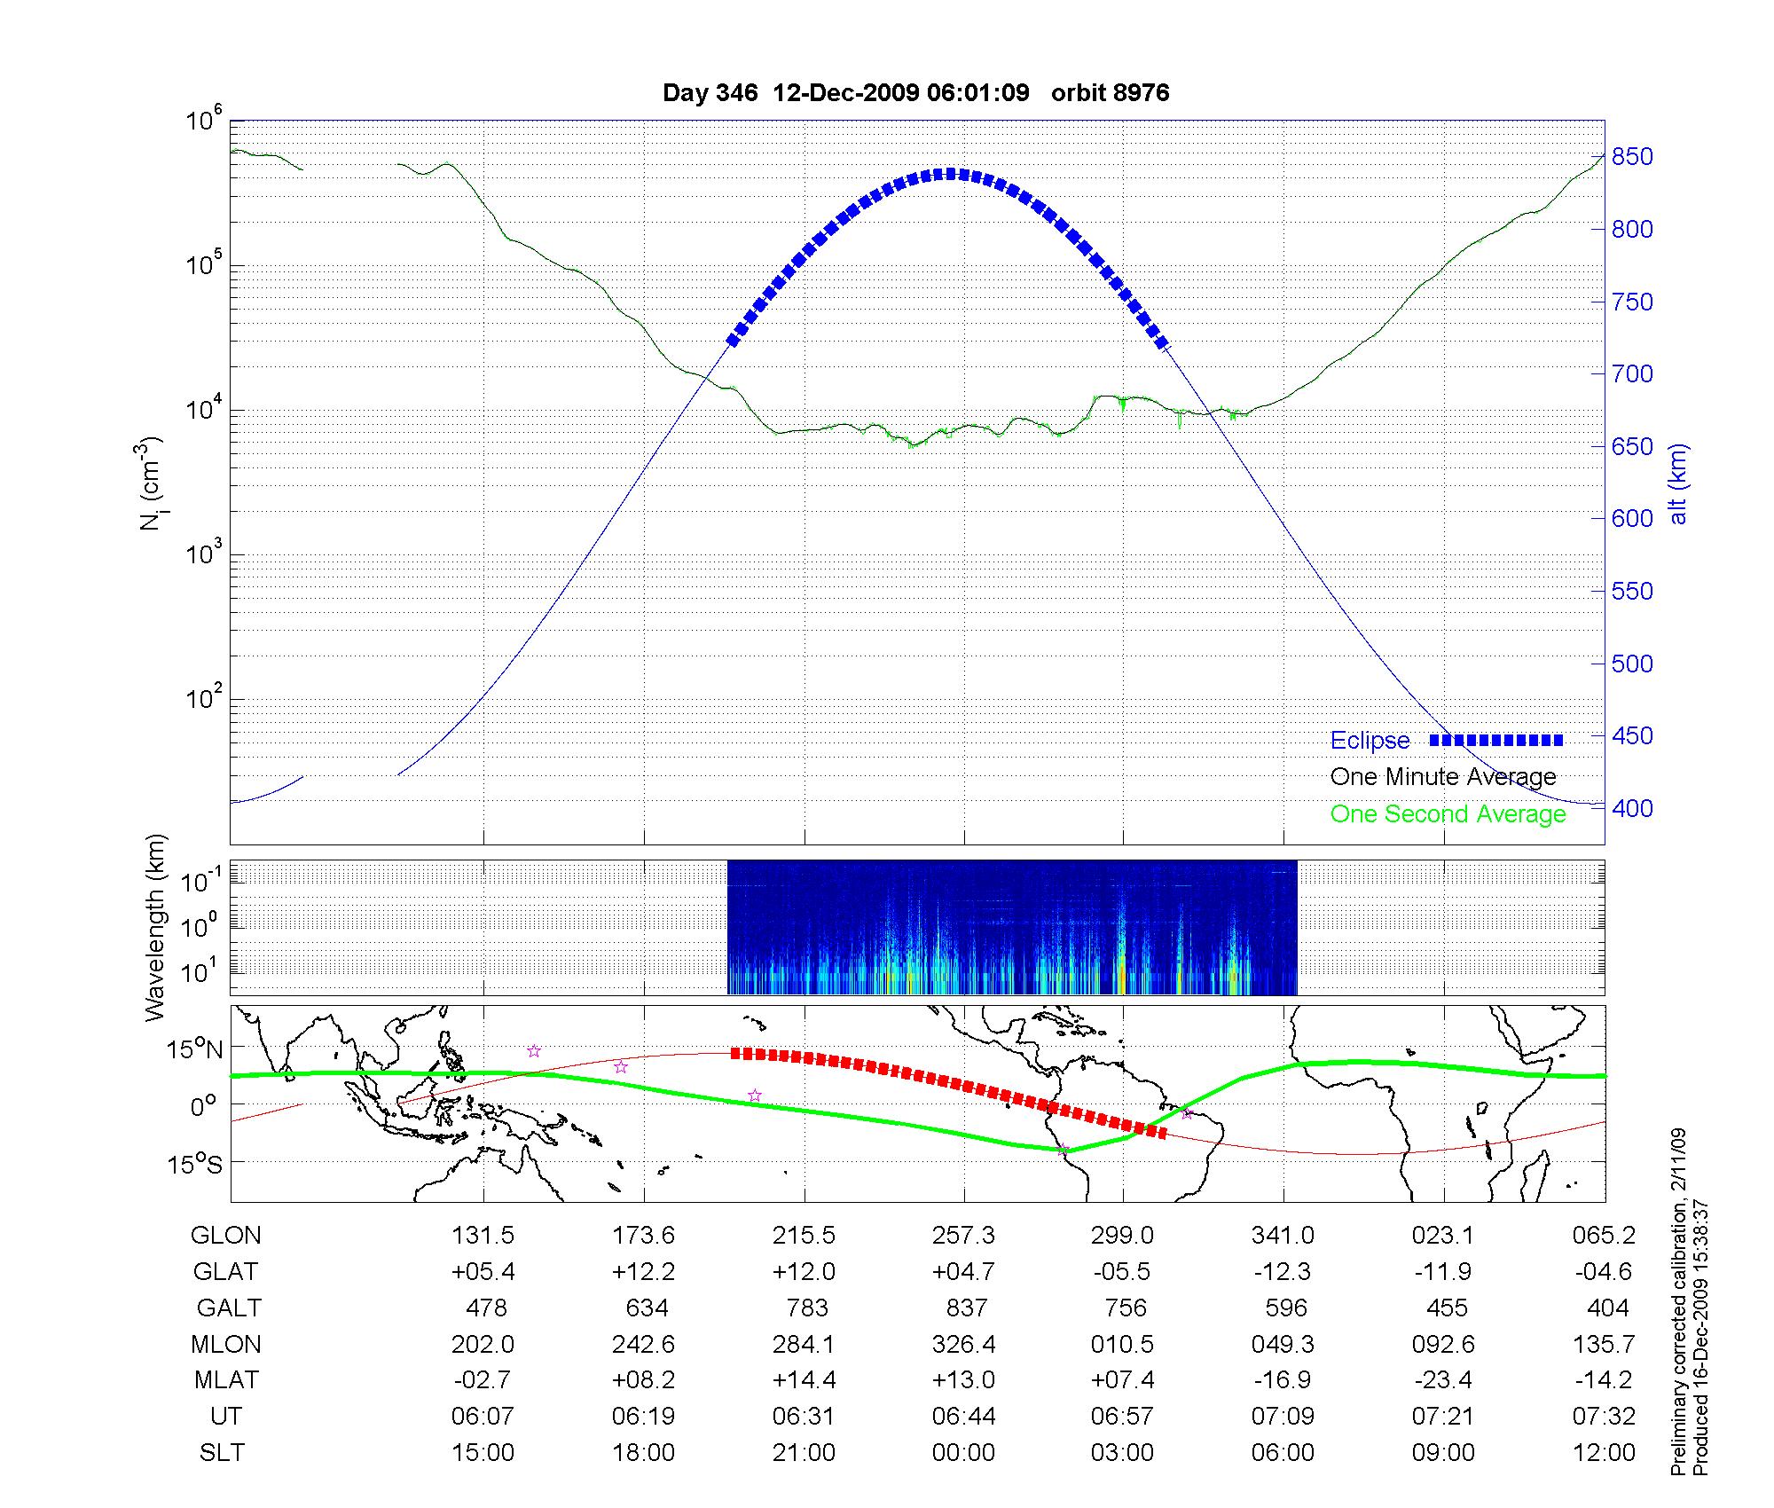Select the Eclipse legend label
click(1370, 741)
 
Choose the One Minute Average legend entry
click(1443, 777)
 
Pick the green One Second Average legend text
click(1448, 814)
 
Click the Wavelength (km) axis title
click(155, 927)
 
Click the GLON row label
click(226, 1235)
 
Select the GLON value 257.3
click(963, 1235)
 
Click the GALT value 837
click(966, 1308)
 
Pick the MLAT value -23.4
click(1443, 1380)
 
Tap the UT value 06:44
click(963, 1417)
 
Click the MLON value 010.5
click(1123, 1344)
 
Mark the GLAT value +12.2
click(643, 1271)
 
